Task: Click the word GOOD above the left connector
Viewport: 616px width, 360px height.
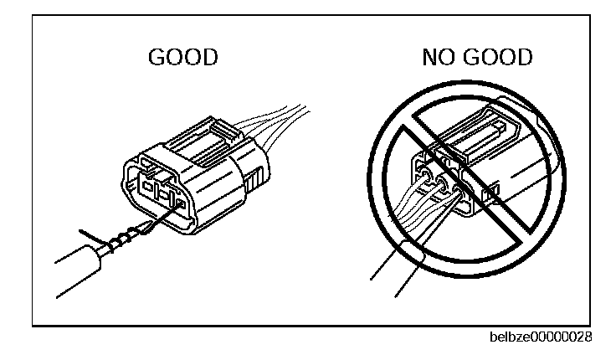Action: (183, 58)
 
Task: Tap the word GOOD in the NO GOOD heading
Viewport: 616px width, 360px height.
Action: (501, 58)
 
